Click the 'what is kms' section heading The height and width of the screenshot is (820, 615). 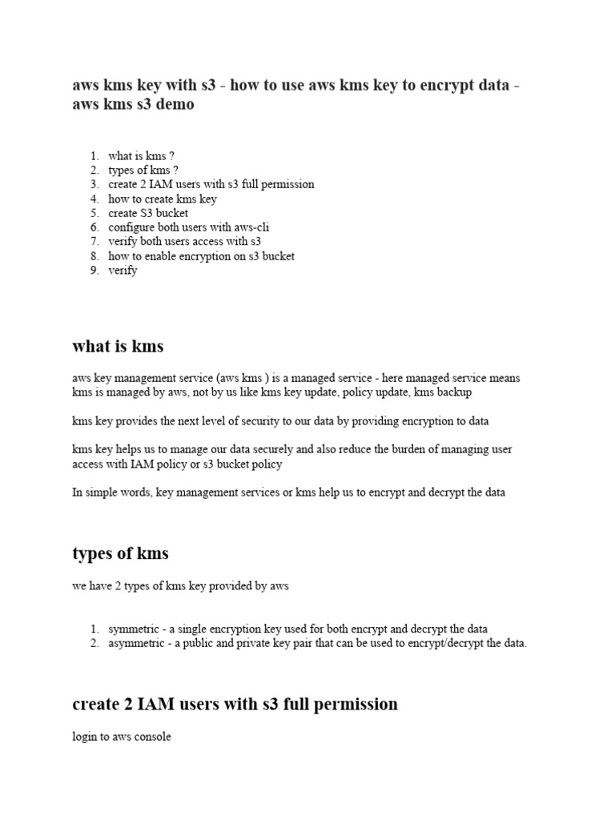118,346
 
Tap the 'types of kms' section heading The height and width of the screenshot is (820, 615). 120,553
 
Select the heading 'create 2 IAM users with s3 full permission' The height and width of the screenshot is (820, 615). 235,704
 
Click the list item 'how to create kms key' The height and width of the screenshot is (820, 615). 163,199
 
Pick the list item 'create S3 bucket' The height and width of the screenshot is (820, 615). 148,213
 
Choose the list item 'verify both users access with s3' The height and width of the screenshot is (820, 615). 185,241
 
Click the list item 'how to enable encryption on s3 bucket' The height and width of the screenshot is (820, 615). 201,256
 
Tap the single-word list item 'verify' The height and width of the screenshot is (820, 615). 123,271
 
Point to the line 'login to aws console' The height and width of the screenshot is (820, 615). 122,737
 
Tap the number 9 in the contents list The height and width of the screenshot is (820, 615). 94,271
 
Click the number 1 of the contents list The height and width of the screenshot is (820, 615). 94,156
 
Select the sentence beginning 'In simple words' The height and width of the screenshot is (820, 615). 288,492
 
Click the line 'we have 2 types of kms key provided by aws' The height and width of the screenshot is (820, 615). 180,586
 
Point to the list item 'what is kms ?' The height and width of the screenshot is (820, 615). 141,156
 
